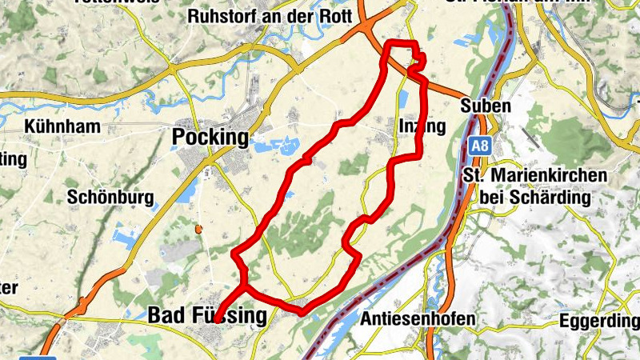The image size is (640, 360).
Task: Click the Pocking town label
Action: click(210, 137)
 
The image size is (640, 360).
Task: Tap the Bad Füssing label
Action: click(206, 316)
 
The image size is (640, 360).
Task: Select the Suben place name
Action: click(486, 106)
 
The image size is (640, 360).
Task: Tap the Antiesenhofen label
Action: click(418, 318)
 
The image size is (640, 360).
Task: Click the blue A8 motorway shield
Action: click(478, 146)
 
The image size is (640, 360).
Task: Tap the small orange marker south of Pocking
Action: click(198, 230)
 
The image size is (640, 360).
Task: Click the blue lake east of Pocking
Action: click(277, 145)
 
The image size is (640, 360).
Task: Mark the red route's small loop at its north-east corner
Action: click(416, 63)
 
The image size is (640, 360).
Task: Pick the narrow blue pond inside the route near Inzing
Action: click(402, 101)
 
